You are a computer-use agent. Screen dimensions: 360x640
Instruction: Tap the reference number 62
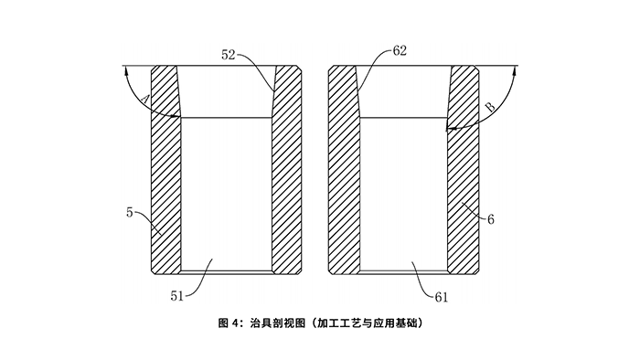pos(399,52)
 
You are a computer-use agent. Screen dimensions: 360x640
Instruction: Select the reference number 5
pos(130,212)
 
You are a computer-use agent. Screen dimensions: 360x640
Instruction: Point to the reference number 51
pos(176,295)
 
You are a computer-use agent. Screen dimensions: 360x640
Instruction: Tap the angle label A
pos(147,99)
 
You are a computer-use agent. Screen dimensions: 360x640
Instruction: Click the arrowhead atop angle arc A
pos(125,70)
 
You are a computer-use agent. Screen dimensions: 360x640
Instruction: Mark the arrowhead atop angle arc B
pos(515,70)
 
